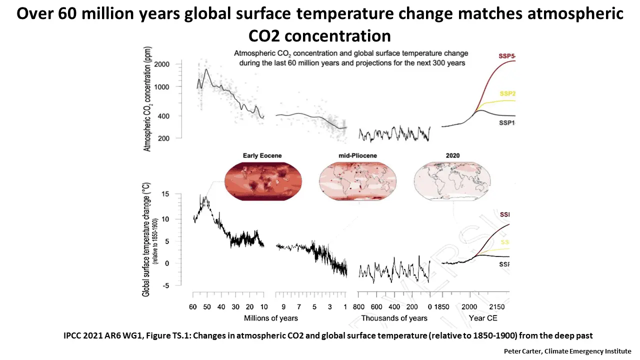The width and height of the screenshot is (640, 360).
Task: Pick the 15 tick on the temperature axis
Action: pos(164,194)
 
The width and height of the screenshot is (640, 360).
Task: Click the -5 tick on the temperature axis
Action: pos(164,285)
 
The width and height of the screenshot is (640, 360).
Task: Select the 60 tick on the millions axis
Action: pos(193,306)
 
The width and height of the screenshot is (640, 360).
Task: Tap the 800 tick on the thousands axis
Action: pos(358,306)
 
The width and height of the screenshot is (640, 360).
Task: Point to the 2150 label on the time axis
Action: pos(496,306)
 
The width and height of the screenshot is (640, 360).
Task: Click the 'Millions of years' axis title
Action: pos(271,318)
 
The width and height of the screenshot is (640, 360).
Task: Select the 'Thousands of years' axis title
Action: pos(394,318)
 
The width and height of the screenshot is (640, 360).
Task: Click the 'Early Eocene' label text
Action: pos(262,156)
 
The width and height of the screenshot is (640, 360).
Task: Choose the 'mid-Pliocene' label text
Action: pos(357,156)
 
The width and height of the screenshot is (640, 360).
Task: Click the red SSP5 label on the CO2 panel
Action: pos(506,55)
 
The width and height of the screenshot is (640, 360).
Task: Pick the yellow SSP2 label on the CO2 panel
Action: pos(507,94)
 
